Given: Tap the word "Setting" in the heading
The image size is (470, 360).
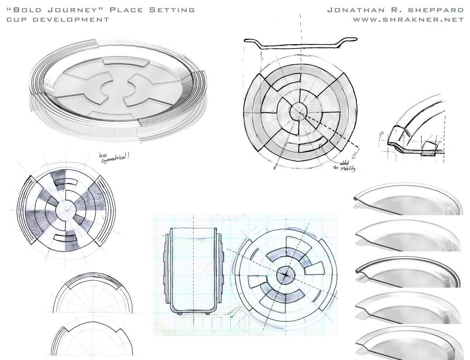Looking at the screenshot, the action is (x=172, y=10).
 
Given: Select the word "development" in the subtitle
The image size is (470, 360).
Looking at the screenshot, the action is (x=71, y=20).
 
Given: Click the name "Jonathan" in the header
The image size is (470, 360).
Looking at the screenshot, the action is (x=356, y=10).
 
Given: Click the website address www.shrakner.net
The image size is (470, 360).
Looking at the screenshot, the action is (x=409, y=20).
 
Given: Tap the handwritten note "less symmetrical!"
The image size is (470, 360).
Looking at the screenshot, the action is (x=114, y=158).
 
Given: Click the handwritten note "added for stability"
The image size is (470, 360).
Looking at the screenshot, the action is (x=344, y=166).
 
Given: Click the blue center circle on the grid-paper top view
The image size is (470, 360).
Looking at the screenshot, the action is (x=286, y=275).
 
